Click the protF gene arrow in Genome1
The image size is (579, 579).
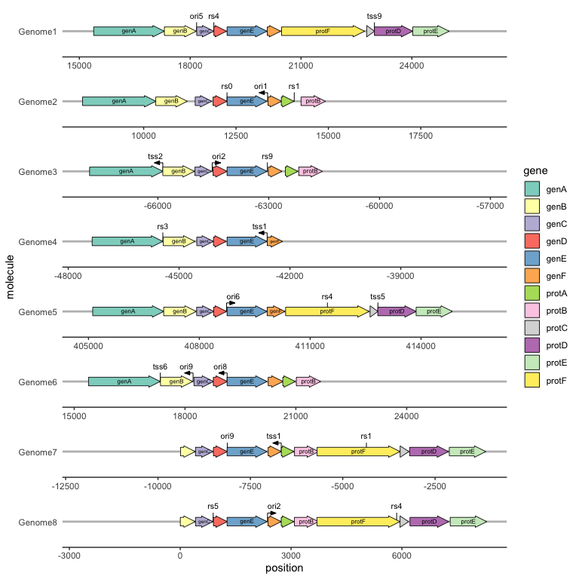point(323,31)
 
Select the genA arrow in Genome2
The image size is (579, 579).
point(118,101)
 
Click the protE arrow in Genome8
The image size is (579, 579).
point(467,522)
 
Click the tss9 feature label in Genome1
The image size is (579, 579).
point(374,16)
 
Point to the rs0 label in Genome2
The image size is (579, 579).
point(227,86)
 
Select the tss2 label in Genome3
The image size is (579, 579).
point(156,156)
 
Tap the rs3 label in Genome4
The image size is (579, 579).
point(163,226)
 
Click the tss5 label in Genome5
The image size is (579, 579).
point(378,296)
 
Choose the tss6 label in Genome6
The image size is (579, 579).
point(160,366)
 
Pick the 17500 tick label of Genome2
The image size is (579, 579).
point(420,136)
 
